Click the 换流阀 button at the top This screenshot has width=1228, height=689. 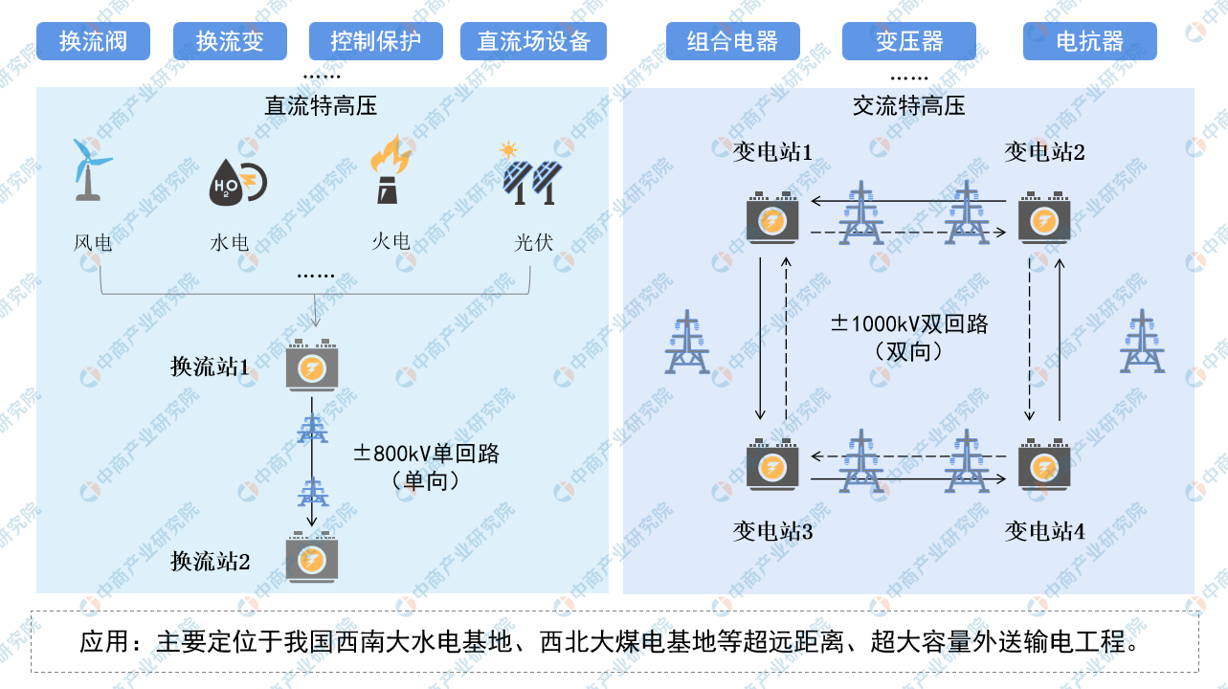pos(93,41)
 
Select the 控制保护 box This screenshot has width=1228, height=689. pos(375,41)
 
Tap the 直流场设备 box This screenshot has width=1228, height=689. pos(533,41)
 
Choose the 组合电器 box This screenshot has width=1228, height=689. pos(732,41)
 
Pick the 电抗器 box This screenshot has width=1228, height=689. pos(1089,41)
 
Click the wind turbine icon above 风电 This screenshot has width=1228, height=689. pos(89,169)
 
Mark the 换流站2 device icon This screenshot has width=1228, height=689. pos(312,558)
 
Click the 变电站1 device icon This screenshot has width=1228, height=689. pos(772,219)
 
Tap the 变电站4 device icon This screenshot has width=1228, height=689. pos(1043,466)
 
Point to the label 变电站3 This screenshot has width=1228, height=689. pos(772,531)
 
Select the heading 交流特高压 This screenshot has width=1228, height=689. pos(908,106)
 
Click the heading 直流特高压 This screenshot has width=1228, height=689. pos(321,106)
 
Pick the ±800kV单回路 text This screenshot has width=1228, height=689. pos(427,454)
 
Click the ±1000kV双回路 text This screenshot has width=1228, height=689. pos(908,323)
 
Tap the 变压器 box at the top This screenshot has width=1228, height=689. pos(908,41)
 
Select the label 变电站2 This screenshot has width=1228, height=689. pos(1044,151)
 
